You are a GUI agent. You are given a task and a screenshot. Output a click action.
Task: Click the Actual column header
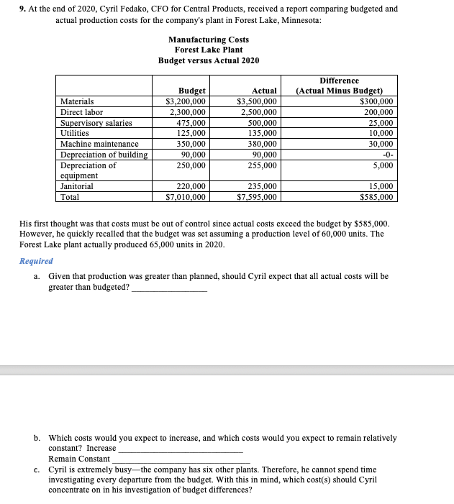[265, 91]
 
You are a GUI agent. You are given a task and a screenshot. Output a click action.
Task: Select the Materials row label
[77, 101]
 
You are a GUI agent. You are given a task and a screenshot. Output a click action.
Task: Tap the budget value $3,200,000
[186, 101]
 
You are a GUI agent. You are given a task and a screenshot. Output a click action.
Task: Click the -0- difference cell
[386, 155]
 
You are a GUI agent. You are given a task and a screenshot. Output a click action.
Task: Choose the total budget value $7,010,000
[186, 196]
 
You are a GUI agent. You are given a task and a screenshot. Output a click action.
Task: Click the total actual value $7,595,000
[257, 196]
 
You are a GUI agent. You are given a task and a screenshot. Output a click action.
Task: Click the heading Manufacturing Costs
[209, 39]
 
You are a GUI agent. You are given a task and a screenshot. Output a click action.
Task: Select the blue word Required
[36, 261]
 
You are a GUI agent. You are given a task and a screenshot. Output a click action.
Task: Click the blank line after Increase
[180, 450]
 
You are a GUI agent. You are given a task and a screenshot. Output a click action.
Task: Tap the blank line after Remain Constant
[181, 461]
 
